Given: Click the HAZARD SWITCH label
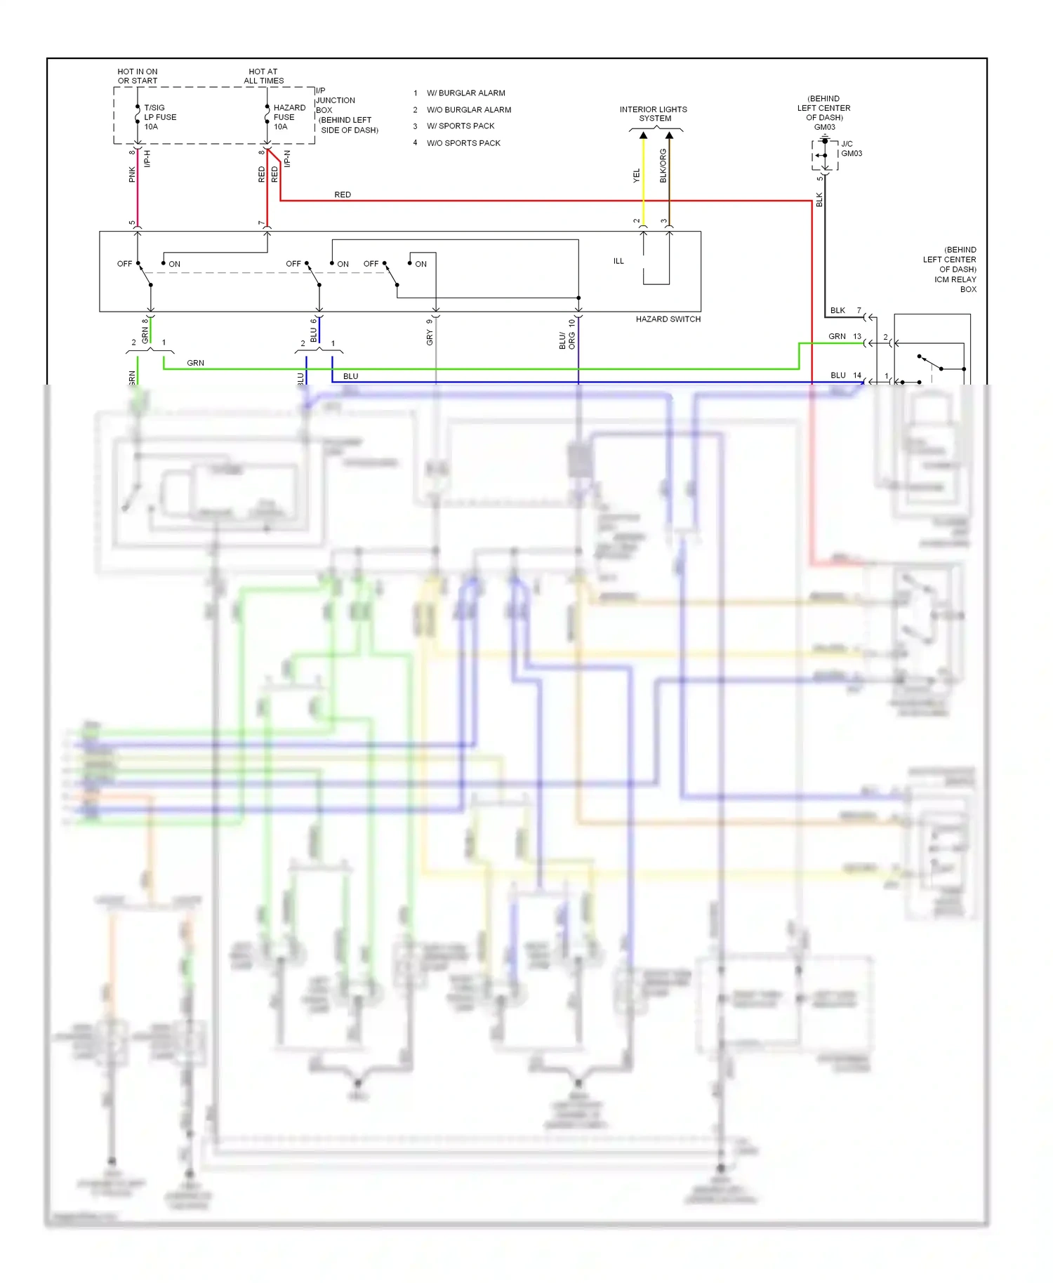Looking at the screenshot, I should click(668, 319).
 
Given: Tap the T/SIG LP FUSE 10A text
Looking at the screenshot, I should click(160, 117).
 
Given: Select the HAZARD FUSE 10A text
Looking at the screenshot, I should click(289, 117).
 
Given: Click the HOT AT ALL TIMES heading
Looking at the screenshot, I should click(263, 76).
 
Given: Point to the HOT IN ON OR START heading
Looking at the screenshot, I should click(137, 76).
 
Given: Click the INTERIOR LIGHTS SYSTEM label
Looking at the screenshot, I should click(653, 114).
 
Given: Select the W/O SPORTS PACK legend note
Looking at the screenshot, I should click(463, 143).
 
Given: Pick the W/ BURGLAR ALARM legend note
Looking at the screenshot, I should click(465, 93).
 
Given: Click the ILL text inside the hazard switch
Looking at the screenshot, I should click(618, 261).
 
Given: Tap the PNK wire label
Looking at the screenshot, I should click(132, 175).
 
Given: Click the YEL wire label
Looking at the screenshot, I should click(637, 175).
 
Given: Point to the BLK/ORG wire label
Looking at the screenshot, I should click(663, 166).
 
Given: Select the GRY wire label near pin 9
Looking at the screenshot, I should click(430, 338).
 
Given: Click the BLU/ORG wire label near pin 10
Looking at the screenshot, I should click(567, 340).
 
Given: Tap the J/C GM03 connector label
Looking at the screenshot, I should click(851, 149).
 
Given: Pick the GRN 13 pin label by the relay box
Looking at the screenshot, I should click(845, 337).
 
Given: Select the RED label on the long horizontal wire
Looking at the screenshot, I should click(343, 195).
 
